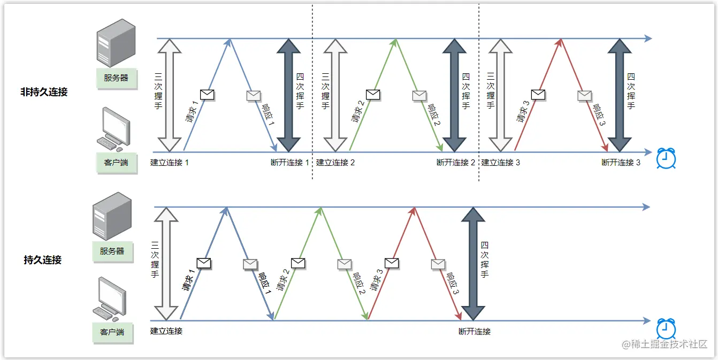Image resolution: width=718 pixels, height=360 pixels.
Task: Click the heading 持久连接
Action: point(43,260)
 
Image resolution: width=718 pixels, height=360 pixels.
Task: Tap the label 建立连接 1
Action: point(170,163)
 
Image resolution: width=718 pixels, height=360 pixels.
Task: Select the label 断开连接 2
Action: point(456,163)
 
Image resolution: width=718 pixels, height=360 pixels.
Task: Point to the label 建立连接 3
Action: point(500,163)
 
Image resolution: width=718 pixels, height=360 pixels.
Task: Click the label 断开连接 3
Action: point(621,163)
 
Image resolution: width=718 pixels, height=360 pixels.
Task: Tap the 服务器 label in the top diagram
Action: point(117,78)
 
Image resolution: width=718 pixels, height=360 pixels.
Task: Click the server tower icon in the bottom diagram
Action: point(111,217)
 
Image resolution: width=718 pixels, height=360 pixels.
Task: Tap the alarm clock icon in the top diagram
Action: point(666,158)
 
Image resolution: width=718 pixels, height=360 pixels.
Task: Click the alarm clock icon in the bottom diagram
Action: point(666,328)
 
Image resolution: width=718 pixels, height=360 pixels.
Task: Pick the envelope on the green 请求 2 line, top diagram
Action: point(373,95)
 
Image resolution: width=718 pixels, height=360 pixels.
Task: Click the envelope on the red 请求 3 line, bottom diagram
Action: point(392,263)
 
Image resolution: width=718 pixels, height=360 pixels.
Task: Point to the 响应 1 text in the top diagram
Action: point(268,114)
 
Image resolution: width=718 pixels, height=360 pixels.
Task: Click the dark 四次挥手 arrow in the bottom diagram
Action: point(473,264)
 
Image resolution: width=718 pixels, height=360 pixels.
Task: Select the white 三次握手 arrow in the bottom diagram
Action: point(165,264)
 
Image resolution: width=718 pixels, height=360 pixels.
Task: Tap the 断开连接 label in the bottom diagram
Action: point(475,332)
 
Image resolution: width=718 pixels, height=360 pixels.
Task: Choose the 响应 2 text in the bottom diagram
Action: point(359,284)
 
